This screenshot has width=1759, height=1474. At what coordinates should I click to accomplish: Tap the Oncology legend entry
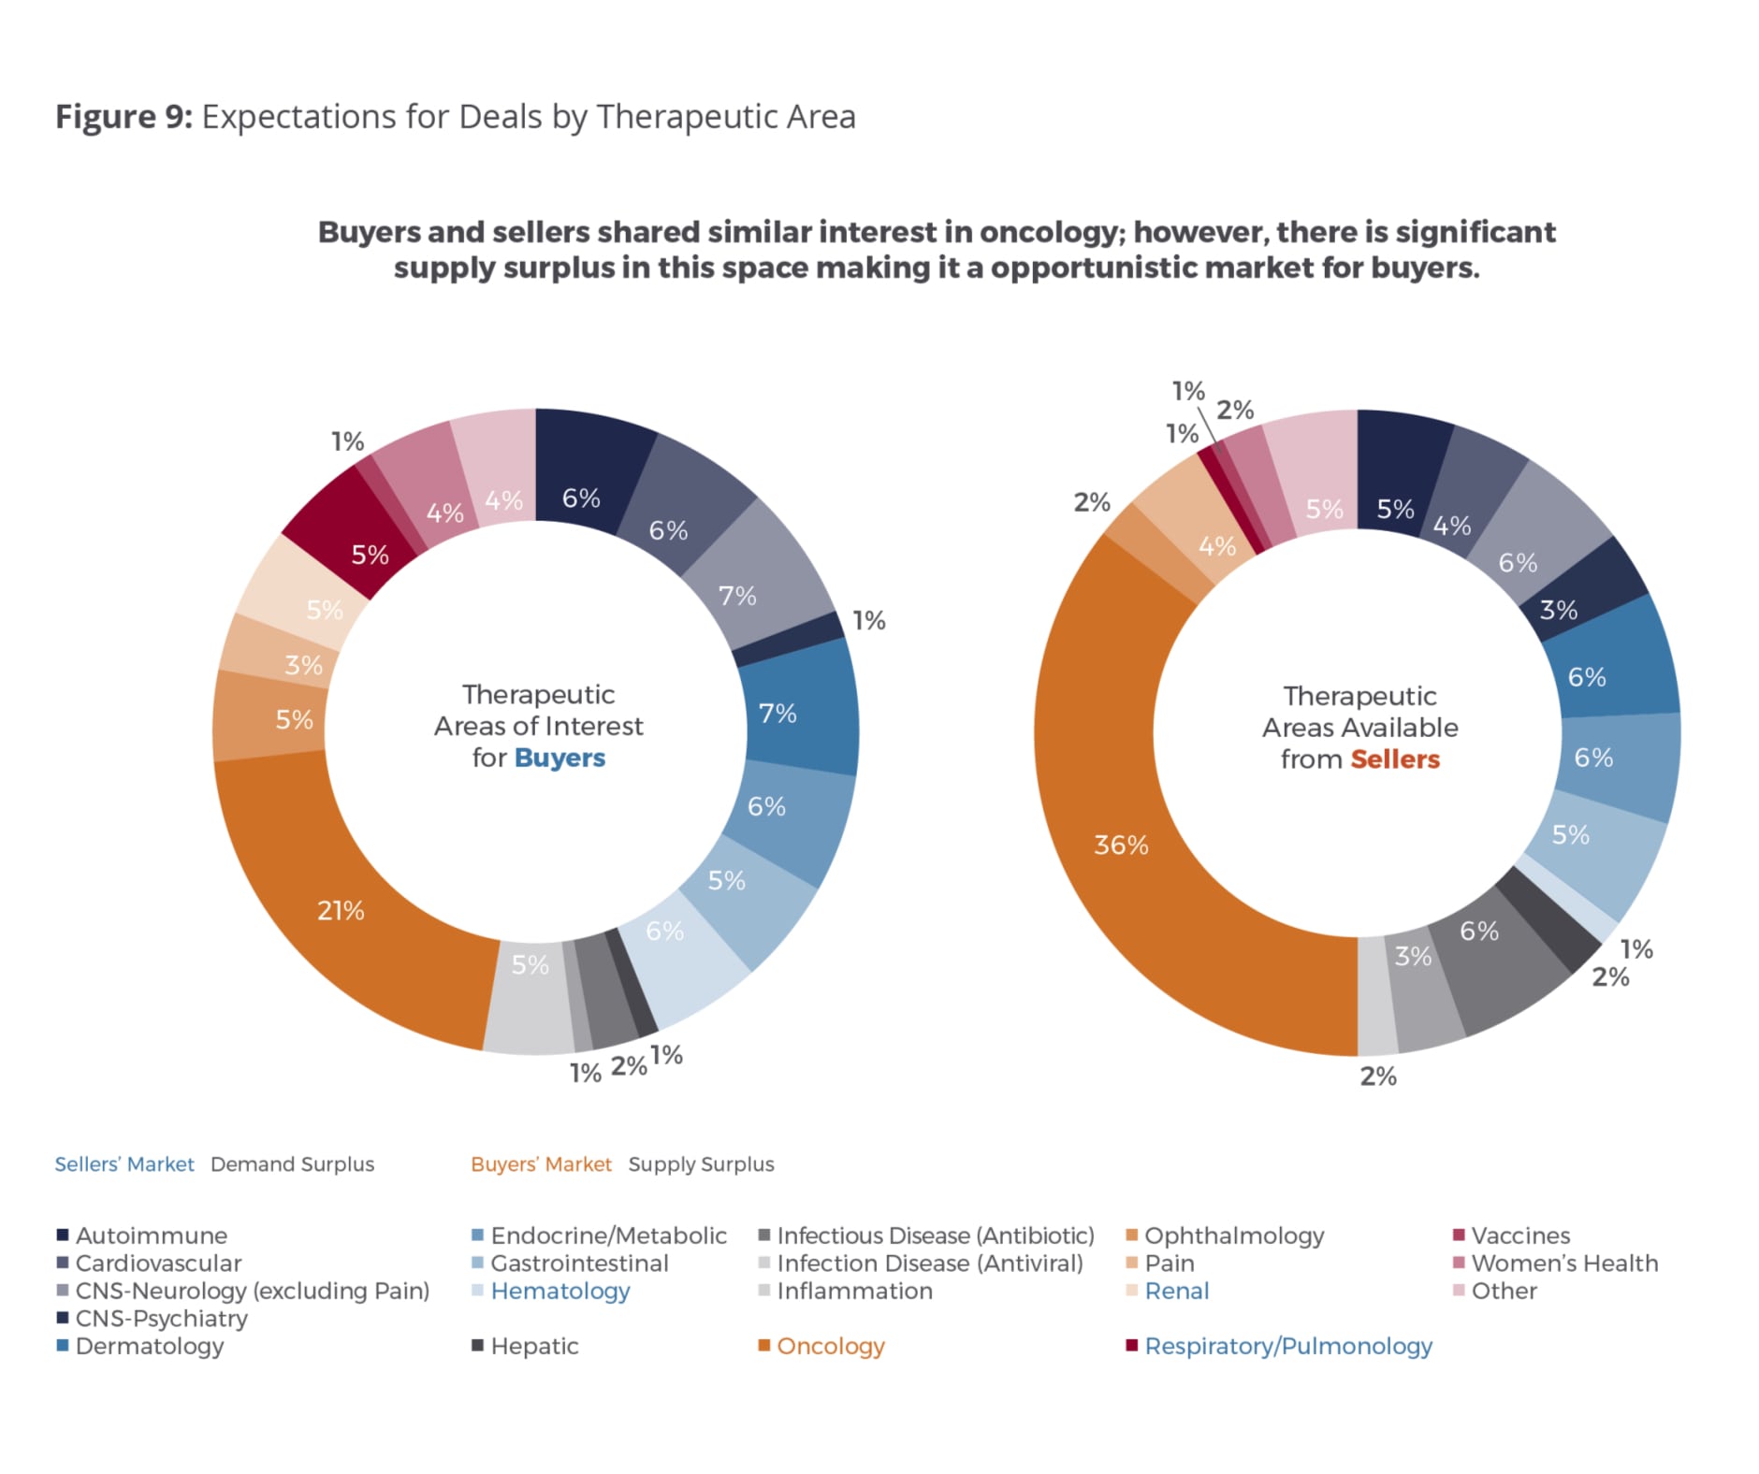[x=829, y=1347]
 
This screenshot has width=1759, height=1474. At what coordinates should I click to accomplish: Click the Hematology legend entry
[x=560, y=1292]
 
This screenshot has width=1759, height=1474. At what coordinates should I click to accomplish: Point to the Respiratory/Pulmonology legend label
[x=1287, y=1347]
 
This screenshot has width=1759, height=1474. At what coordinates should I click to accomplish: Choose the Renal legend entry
[x=1176, y=1292]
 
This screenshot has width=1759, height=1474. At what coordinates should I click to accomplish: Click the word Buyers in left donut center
[x=560, y=758]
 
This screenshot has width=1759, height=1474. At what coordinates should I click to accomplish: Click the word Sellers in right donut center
[x=1394, y=759]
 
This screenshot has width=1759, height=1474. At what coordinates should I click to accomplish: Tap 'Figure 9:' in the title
[x=124, y=117]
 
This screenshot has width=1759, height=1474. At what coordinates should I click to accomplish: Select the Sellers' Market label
[x=124, y=1164]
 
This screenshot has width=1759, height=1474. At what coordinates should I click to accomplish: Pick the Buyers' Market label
[x=541, y=1164]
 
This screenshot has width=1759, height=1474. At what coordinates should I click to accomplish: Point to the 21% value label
[x=341, y=911]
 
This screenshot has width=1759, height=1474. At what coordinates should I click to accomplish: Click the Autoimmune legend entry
[x=151, y=1236]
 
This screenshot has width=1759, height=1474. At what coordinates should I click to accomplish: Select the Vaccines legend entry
[x=1519, y=1236]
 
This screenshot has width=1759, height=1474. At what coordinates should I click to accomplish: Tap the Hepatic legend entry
[x=533, y=1347]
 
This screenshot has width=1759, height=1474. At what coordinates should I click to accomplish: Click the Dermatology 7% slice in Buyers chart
[x=801, y=711]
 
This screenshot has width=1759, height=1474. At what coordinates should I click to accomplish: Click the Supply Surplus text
[x=701, y=1164]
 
